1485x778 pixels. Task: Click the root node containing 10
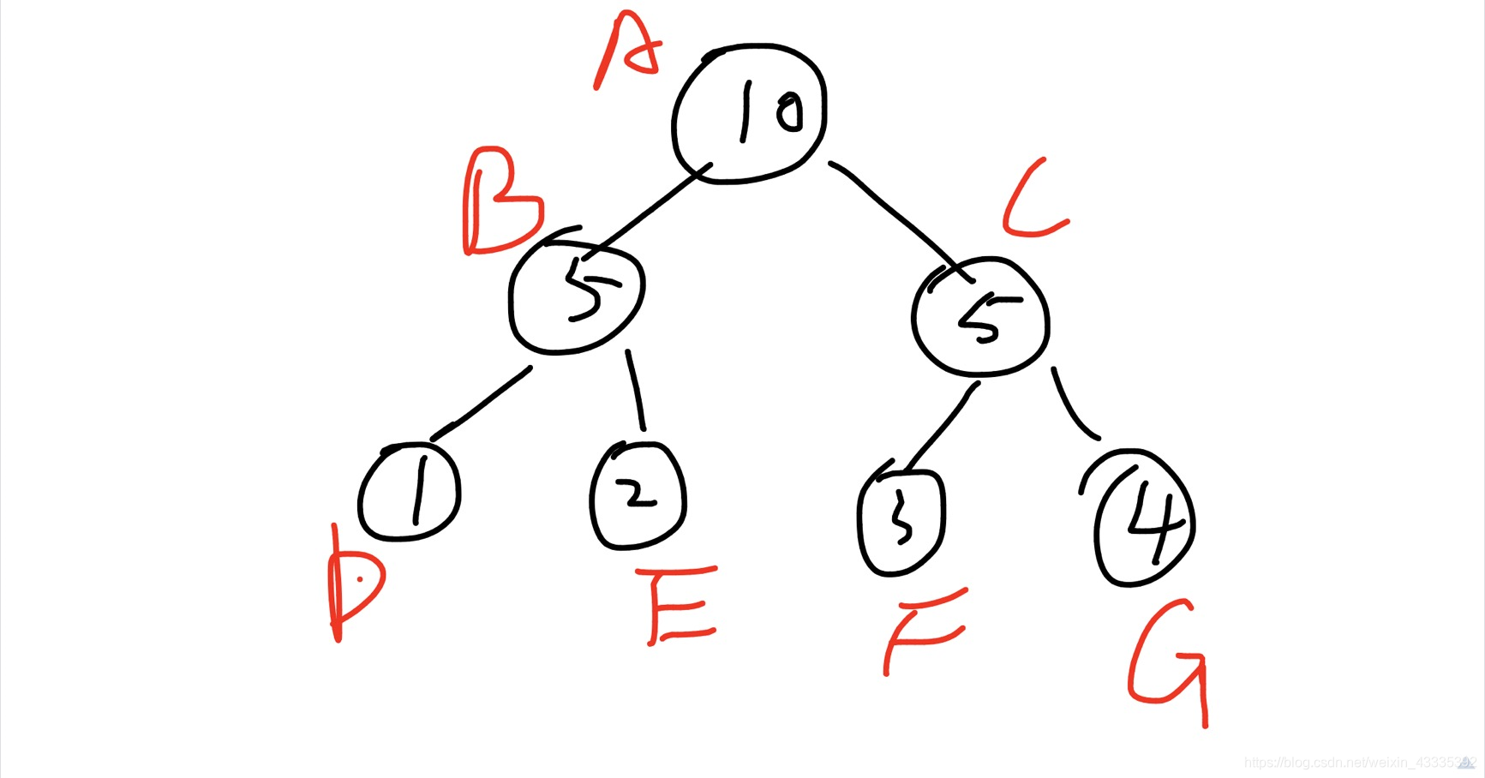coord(750,112)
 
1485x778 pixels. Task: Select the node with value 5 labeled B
coord(576,292)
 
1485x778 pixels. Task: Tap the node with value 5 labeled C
coord(980,316)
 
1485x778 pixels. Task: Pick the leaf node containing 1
coord(410,492)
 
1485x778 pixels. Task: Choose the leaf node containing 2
coord(638,496)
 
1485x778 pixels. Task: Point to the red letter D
coord(353,587)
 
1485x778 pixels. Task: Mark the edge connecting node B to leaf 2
coord(635,390)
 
